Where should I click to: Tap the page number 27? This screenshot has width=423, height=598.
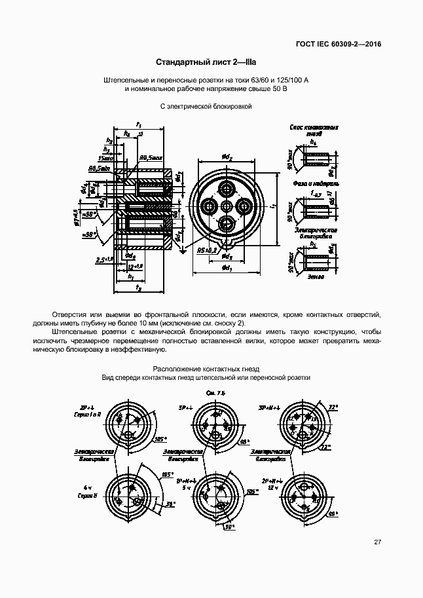[x=377, y=542]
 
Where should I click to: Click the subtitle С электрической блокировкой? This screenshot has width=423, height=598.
[x=206, y=106]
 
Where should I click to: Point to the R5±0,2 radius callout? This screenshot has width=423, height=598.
[x=196, y=250]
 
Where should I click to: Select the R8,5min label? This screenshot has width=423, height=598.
[x=100, y=168]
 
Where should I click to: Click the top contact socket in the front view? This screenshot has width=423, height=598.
[x=227, y=189]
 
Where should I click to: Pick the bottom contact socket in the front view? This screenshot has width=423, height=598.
[x=227, y=224]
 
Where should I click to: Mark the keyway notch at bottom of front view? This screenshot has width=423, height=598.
[x=227, y=245]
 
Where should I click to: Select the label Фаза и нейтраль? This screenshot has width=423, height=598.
[x=315, y=184]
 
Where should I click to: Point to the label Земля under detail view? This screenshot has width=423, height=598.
[x=316, y=278]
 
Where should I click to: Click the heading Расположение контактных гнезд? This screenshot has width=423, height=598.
[x=206, y=369]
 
